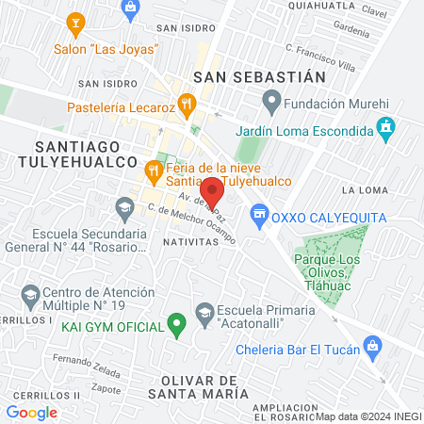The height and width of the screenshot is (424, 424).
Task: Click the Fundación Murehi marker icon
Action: [x=271, y=98]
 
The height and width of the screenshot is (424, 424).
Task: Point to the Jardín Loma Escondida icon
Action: [x=384, y=126]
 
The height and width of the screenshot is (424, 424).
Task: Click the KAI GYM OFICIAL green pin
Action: [x=174, y=326]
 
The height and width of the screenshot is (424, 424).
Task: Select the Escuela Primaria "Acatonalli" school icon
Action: [x=204, y=312]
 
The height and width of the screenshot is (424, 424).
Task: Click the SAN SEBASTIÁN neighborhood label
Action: [x=258, y=75]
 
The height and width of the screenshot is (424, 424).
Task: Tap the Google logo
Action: [x=31, y=412]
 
